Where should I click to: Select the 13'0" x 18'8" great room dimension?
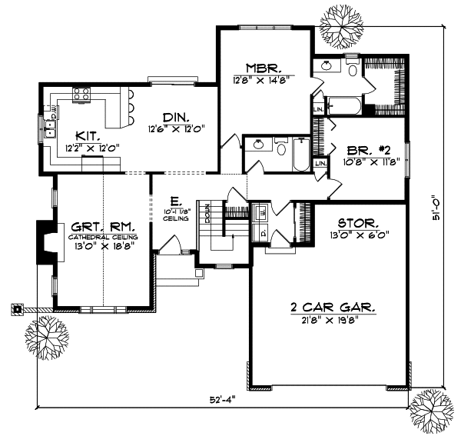[104, 248]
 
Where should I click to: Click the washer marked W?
[262, 211]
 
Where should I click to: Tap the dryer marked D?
[262, 230]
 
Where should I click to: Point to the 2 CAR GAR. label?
[333, 307]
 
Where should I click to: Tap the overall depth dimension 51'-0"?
[436, 207]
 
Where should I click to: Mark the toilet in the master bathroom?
[351, 71]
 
